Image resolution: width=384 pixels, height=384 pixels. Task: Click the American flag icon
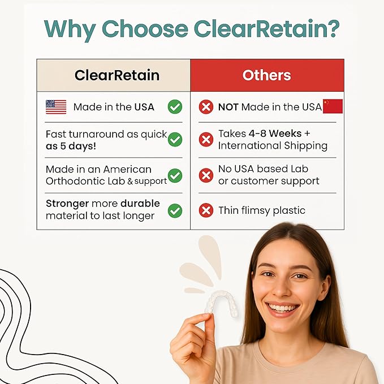pos(56,107)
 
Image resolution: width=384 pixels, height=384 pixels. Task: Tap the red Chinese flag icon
pos(333,106)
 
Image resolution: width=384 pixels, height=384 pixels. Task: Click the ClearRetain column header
pos(117,75)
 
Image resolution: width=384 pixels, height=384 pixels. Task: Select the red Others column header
pos(267,75)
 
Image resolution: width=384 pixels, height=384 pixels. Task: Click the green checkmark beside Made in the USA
pos(175,106)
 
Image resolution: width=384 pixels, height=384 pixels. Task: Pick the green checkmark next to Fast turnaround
pos(175,140)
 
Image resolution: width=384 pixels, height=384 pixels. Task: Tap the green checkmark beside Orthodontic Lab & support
pos(175,175)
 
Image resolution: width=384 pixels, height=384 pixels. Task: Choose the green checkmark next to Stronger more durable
pos(175,210)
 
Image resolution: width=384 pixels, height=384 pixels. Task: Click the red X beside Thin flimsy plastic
pos(206,210)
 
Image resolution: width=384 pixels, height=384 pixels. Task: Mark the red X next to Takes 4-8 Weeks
pos(206,140)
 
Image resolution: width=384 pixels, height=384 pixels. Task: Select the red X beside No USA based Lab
pos(206,175)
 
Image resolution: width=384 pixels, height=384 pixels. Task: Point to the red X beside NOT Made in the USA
pos(206,106)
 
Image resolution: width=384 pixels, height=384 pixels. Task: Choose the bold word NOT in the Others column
pos(228,106)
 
